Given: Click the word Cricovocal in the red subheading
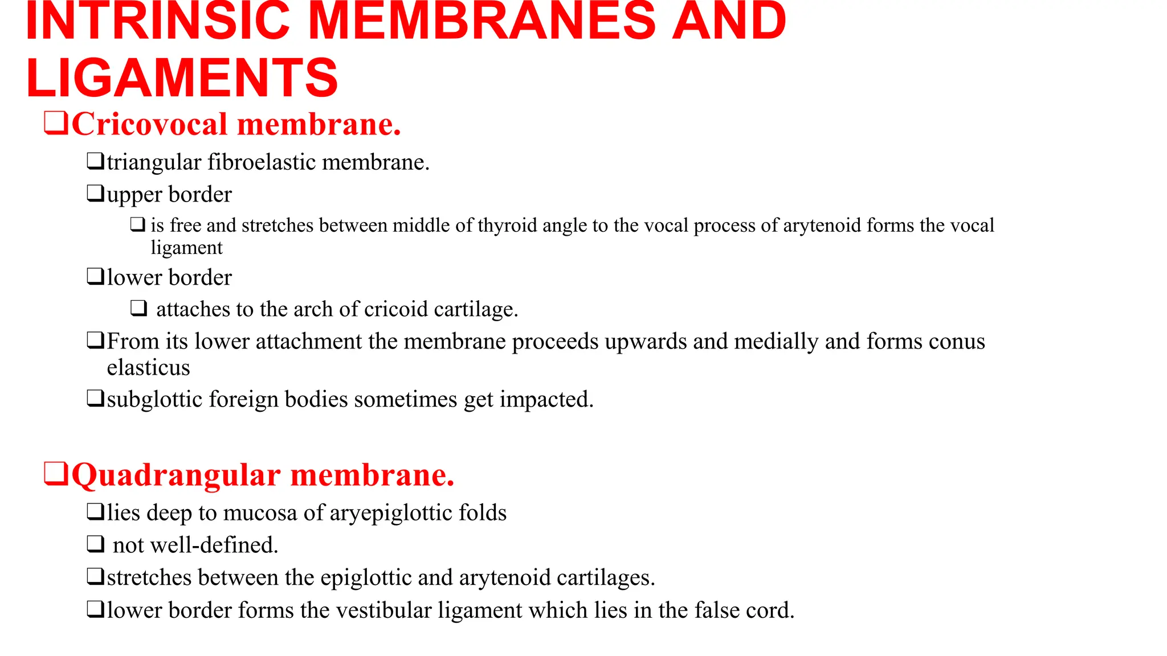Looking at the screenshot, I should [149, 124].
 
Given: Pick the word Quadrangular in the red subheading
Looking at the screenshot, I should [176, 475].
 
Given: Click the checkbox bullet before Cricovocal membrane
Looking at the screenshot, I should [56, 123].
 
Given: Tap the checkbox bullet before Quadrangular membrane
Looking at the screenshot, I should [56, 474].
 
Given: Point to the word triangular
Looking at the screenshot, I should [154, 163].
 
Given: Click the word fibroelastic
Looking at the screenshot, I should [262, 163].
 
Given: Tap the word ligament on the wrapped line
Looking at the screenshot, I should [186, 248].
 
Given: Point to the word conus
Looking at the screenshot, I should [957, 342].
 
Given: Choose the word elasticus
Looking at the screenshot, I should [148, 368].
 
